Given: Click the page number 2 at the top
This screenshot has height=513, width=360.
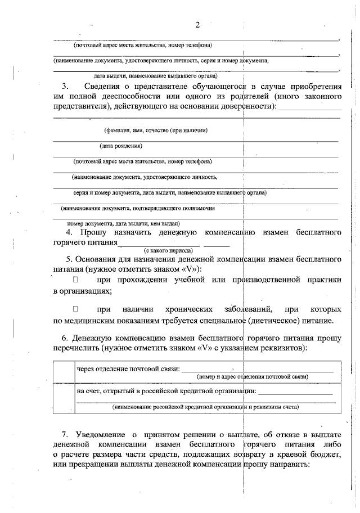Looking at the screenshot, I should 197,25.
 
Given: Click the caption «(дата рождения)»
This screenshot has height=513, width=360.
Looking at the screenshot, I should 121,147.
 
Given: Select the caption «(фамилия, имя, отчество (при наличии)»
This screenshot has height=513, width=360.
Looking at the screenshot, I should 156,130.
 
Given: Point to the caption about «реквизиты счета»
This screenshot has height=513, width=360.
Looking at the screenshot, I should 205,406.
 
